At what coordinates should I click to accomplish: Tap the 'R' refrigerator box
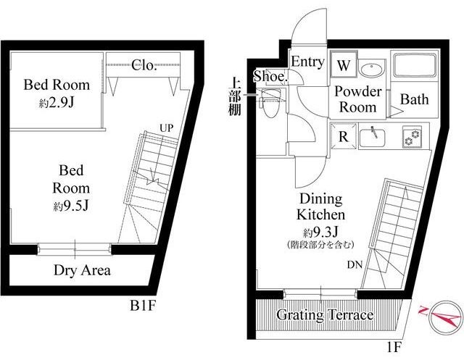pos(341,135)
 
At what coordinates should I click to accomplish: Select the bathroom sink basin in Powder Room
pos(372,70)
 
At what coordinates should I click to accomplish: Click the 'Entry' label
pos(307,62)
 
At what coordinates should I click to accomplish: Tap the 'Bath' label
pos(414,100)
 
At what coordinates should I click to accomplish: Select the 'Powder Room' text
pos(357,100)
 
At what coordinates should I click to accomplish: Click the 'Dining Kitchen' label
pos(320,206)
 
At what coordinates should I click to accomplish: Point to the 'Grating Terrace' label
pos(326,316)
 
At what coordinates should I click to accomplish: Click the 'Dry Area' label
pos(82,271)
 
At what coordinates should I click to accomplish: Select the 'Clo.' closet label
pos(144,66)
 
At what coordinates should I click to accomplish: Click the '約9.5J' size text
pos(74,205)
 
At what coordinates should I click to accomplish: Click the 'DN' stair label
pos(356,265)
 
